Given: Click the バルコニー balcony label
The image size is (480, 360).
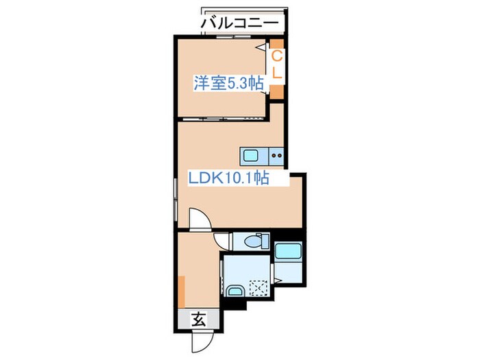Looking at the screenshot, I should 240,23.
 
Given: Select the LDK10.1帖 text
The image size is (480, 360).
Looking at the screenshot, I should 228,178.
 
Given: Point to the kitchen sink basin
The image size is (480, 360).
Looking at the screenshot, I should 248,154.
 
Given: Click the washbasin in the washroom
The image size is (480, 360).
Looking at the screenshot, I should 235,290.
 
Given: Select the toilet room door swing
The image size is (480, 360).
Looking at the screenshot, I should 224,241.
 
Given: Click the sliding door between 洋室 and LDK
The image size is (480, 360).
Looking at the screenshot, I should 223,119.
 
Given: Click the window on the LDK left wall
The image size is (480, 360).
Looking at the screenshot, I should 176,199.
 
